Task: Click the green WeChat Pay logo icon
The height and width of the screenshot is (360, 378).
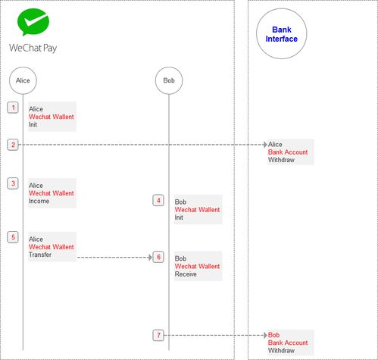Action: point(33,22)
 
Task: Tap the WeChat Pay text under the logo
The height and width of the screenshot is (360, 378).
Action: point(33,48)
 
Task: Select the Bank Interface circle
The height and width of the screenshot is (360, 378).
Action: point(282,33)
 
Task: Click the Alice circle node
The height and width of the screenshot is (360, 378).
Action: point(23,80)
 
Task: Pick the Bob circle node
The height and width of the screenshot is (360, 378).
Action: point(169,80)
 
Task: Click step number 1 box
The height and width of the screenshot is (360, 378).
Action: point(13,108)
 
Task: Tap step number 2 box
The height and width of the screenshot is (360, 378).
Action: point(13,145)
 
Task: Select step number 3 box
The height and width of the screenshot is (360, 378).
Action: point(13,183)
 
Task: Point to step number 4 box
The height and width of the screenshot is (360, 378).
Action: point(158,201)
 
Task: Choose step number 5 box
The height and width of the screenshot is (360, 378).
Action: point(13,237)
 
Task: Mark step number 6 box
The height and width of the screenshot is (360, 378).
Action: point(158,257)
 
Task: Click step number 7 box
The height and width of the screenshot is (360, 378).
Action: point(158,335)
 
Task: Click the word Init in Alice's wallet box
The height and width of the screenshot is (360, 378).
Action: point(33,124)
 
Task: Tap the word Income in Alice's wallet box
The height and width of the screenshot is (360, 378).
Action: point(39,201)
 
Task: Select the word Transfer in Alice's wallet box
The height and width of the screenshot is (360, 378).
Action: point(40,255)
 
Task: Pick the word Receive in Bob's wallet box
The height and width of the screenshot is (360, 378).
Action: point(186,274)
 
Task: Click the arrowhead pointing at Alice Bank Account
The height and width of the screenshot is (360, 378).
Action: point(265,145)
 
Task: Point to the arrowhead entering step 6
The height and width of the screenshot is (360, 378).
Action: point(150,258)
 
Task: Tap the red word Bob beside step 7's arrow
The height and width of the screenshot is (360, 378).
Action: point(273,335)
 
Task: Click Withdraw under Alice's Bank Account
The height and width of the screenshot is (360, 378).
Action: point(281,160)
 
